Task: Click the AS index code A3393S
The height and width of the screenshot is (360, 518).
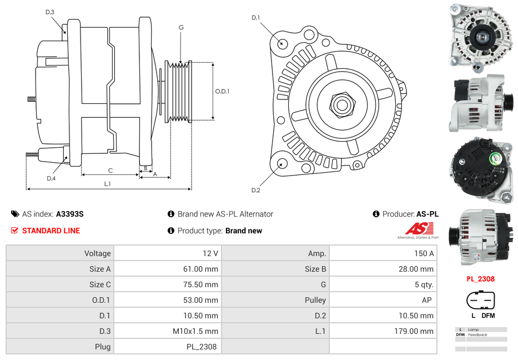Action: pyautogui.click(x=70, y=214)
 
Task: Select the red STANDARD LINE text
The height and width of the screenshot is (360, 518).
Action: pyautogui.click(x=51, y=231)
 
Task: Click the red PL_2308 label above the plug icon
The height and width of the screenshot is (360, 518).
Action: pyautogui.click(x=480, y=279)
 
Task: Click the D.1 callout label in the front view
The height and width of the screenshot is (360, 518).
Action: pyautogui.click(x=255, y=18)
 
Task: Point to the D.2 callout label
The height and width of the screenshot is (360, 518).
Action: pyautogui.click(x=255, y=191)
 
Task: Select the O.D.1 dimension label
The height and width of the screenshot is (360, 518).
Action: pyautogui.click(x=222, y=91)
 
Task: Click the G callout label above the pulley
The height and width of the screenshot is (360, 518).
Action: pyautogui.click(x=181, y=27)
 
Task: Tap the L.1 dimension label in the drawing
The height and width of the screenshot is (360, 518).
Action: pyautogui.click(x=107, y=184)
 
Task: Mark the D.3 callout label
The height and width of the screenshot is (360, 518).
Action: pyautogui.click(x=50, y=12)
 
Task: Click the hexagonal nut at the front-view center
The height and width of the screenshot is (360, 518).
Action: pyautogui.click(x=341, y=103)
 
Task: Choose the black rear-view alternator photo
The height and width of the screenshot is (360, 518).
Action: pyautogui.click(x=480, y=169)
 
